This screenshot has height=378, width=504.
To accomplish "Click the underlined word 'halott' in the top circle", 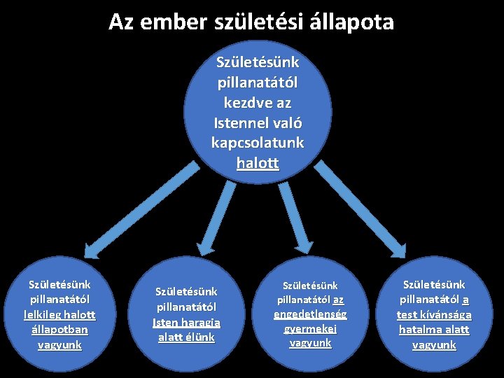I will point(258,164).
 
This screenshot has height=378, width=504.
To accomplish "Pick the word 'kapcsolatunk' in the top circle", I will point(258,143).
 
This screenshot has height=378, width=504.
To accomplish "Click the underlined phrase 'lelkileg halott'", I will point(59,315).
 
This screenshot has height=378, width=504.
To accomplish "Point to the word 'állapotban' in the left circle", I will point(59,330).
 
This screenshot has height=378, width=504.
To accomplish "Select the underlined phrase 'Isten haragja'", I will point(186,323).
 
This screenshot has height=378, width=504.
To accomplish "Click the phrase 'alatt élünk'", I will point(186,337).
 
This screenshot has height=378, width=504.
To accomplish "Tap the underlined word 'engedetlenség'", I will point(310,314).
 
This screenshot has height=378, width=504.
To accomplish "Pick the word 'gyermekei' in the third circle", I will point(310,329).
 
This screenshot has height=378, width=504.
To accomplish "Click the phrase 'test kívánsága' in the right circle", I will point(434,315).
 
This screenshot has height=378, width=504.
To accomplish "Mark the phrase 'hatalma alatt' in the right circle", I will point(434,330).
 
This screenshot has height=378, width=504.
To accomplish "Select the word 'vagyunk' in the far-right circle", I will point(434,345).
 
